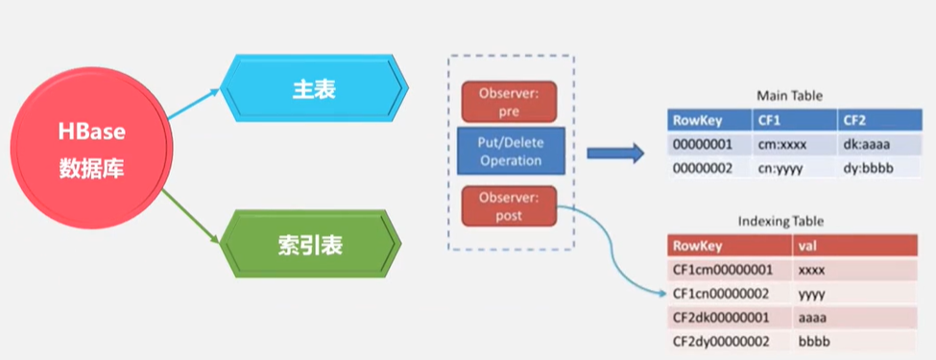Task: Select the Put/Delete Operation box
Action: pos(509,152)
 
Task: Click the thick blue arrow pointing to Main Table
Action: pos(614,154)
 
